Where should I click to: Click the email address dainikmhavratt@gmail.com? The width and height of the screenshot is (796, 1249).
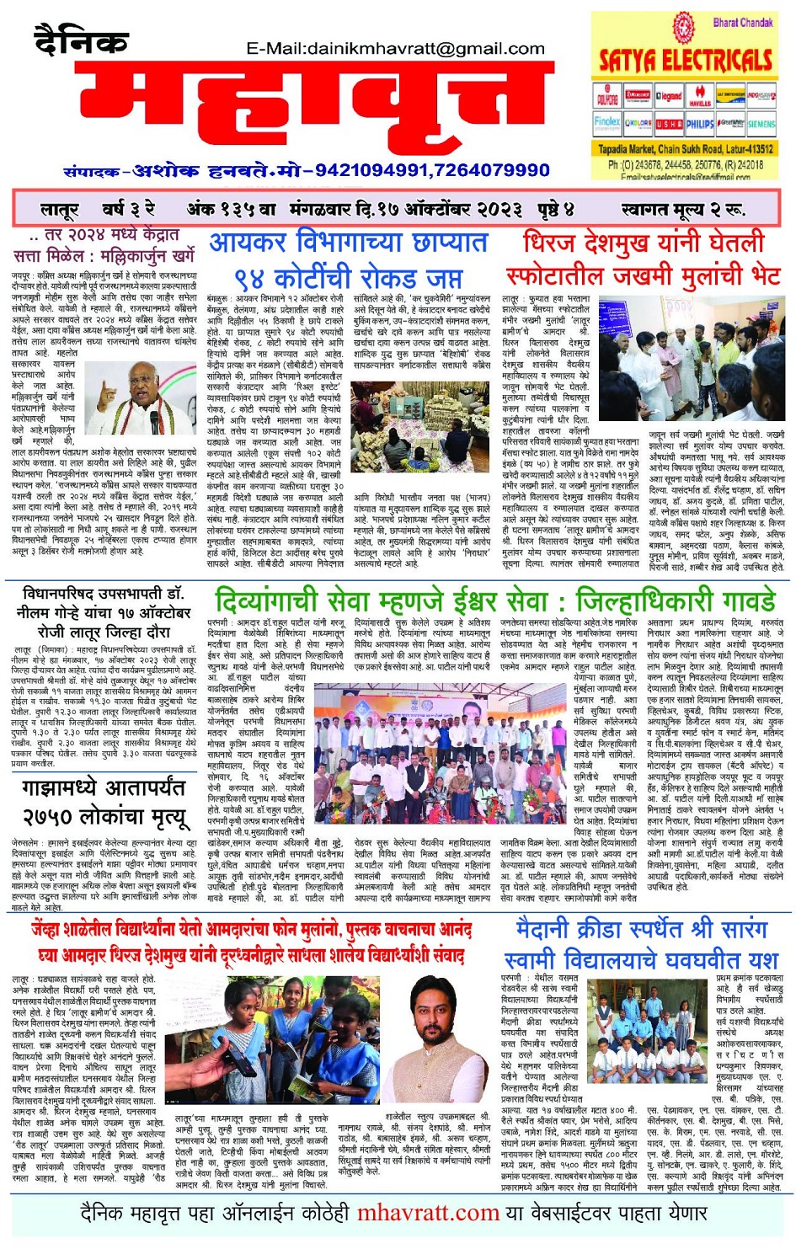click(x=395, y=49)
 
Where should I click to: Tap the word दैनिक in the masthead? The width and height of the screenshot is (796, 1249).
click(x=81, y=40)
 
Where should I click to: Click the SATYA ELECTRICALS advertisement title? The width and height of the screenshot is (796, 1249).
click(x=685, y=60)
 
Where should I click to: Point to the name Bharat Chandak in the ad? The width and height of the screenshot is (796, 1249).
click(x=742, y=23)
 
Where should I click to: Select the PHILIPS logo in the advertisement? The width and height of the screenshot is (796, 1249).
click(x=699, y=123)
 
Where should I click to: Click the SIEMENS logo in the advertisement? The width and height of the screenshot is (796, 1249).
click(x=761, y=123)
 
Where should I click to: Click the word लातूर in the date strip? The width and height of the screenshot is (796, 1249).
click(x=60, y=209)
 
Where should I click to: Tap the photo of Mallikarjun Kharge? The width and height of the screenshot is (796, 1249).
click(x=140, y=397)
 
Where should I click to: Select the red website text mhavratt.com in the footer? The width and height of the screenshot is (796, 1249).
click(x=428, y=1214)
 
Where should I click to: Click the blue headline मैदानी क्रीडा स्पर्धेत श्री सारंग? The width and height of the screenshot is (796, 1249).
click(x=642, y=930)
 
